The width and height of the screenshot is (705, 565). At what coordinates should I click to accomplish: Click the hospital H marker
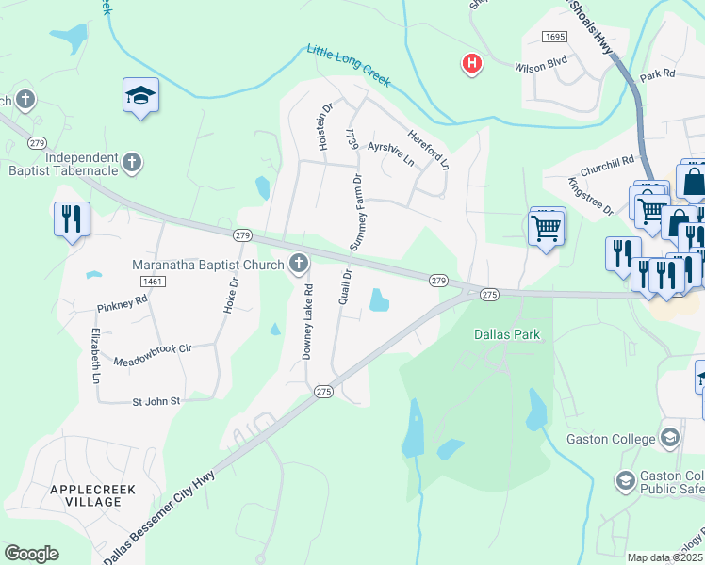(471, 64)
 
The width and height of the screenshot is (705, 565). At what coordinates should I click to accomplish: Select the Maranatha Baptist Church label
(207, 265)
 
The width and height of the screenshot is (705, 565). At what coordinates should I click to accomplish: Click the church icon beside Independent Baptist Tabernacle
(132, 163)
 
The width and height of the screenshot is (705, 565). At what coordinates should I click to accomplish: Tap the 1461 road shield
(151, 282)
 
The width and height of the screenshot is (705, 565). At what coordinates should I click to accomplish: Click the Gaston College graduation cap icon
(669, 437)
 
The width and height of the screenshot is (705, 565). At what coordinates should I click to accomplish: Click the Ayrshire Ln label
(391, 153)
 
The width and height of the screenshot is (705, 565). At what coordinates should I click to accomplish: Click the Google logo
(31, 554)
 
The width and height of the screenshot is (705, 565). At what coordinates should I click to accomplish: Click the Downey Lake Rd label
(306, 322)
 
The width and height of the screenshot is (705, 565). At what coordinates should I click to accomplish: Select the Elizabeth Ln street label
(95, 356)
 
